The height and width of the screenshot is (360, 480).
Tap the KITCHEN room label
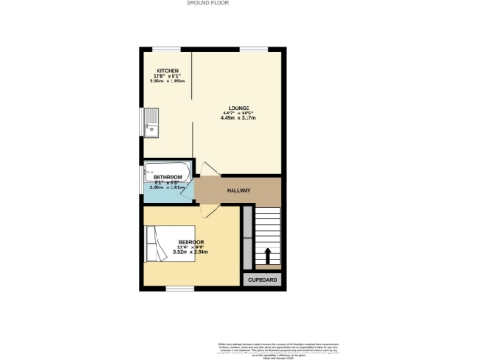pyautogui.click(x=168, y=70)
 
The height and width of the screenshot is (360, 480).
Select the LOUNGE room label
pyautogui.click(x=237, y=107)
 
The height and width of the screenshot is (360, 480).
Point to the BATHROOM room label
pyautogui.click(x=168, y=177)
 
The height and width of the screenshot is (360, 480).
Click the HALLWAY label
pyautogui.click(x=239, y=191)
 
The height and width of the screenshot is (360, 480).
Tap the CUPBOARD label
pyautogui.click(x=262, y=279)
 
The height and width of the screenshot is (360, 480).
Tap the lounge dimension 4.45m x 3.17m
pyautogui.click(x=237, y=118)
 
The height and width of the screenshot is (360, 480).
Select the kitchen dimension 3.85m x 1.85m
pyautogui.click(x=168, y=82)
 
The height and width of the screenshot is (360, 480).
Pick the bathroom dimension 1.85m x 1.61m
pyautogui.click(x=168, y=187)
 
